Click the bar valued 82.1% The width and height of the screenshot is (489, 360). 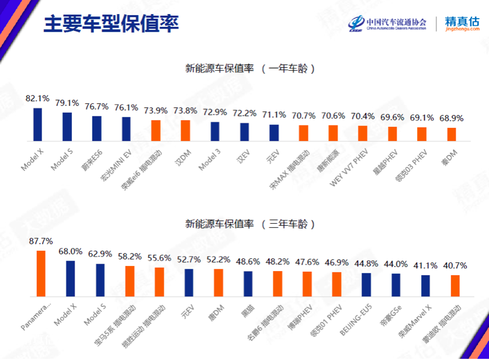pos(37,124)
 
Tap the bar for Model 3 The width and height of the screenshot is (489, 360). pos(215,131)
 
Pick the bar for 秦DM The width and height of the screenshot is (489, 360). pos(452,134)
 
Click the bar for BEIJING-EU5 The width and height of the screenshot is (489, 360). pos(366,284)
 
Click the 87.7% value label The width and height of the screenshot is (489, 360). pos(40,241)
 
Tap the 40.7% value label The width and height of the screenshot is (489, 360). pos(455,265)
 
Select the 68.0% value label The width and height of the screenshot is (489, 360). pos(70,251)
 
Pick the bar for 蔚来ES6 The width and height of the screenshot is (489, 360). pos(96,129)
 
